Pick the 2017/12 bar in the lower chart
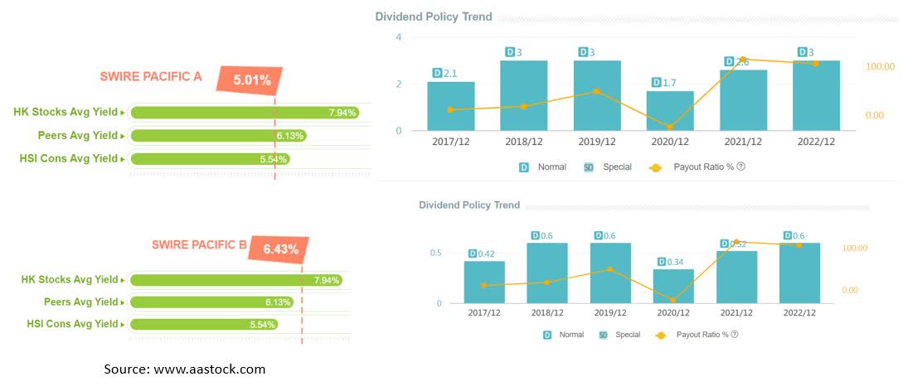coord(483,282)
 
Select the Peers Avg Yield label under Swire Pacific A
coord(70,136)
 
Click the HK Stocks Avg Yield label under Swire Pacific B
coord(70,280)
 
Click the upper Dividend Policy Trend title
coord(433,17)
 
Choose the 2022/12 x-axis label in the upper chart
coord(816,142)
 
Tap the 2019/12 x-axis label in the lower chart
coord(610,313)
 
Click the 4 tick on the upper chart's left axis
coord(399,37)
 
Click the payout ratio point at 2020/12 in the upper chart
coord(669,127)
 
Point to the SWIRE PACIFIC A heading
coord(150,77)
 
